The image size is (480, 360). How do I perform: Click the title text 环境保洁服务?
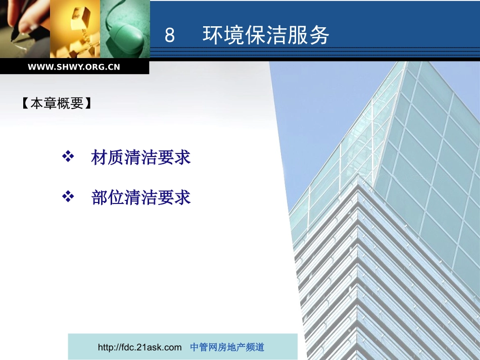tap(266, 36)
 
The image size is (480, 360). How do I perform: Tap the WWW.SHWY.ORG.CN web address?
tap(74, 67)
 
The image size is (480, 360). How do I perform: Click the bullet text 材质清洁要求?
tap(140, 158)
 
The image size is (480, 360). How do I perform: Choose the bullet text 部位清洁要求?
tap(140, 197)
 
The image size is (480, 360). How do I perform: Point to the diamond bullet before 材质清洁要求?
tap(68, 157)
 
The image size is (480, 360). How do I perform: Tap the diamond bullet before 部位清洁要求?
tap(68, 196)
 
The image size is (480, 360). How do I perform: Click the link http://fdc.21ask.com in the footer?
tap(139, 347)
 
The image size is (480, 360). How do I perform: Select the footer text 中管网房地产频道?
tap(227, 347)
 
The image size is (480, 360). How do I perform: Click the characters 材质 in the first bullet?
tap(104, 158)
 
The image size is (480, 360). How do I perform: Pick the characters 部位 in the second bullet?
tap(104, 197)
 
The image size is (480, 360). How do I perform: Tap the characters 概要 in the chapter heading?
tap(72, 104)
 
